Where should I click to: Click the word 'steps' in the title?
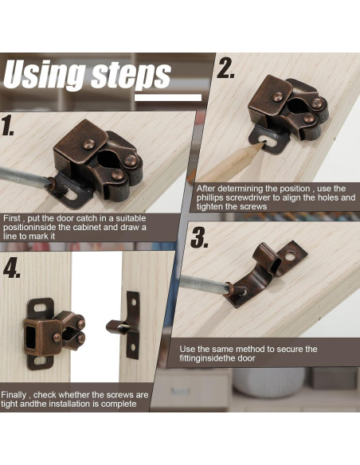point(131,76)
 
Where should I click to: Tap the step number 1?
point(7,126)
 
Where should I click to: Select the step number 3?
point(199,237)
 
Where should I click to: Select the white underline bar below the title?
point(168,97)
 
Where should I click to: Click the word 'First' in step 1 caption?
point(13,218)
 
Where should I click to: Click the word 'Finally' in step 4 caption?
point(14,395)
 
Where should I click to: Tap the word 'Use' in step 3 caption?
point(187,349)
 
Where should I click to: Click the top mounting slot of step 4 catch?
point(40,306)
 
